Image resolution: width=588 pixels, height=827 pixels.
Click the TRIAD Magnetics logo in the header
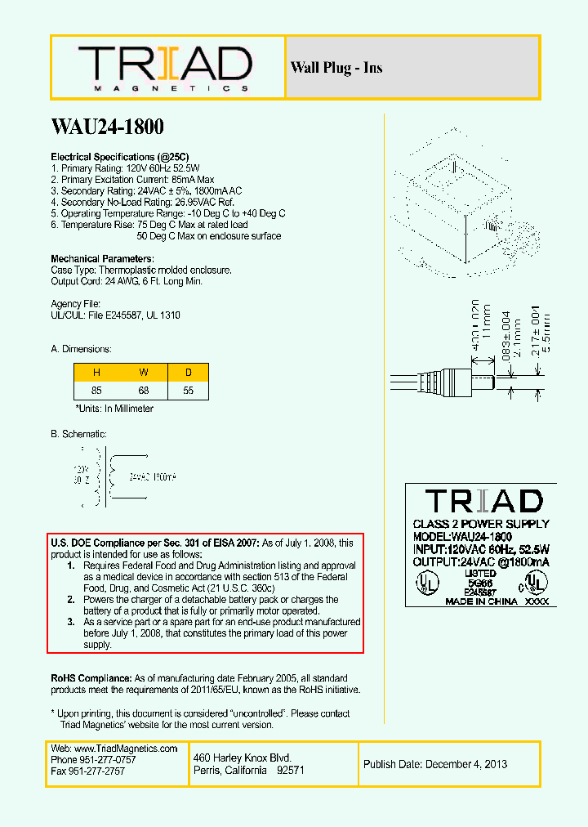click(165, 67)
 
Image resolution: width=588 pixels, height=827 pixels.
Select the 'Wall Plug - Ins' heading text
click(336, 68)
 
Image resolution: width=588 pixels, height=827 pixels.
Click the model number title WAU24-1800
click(107, 127)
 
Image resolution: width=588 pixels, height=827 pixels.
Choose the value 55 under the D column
click(189, 391)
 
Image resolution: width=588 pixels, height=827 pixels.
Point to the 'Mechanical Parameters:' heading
click(102, 259)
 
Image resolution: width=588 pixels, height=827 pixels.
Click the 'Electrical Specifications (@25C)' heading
click(120, 156)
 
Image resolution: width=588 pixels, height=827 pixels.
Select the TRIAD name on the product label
click(483, 500)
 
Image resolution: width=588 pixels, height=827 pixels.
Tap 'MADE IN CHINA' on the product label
click(481, 601)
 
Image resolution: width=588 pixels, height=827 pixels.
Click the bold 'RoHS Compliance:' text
click(91, 678)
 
